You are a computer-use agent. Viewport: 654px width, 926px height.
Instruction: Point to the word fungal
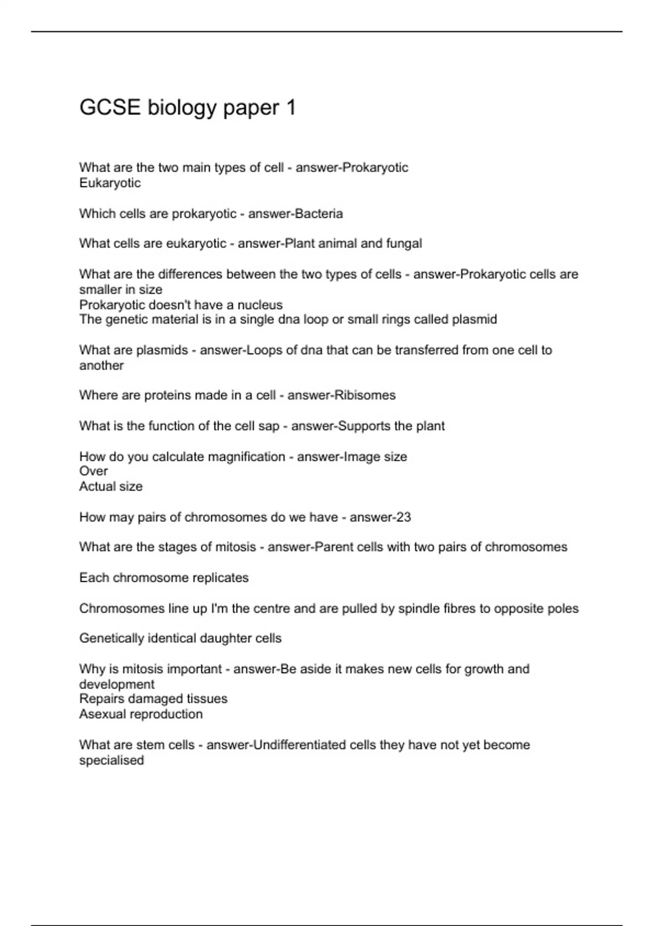[x=404, y=243]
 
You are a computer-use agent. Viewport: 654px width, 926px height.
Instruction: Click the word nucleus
[x=261, y=304]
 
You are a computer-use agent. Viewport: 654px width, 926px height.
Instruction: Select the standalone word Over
[x=93, y=471]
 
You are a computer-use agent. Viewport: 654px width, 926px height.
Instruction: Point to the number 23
[x=403, y=517]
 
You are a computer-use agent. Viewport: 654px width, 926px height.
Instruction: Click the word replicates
[x=223, y=577]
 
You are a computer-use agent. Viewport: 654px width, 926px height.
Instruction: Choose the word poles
[x=564, y=608]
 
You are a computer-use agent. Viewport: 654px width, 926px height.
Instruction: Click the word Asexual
[x=102, y=714]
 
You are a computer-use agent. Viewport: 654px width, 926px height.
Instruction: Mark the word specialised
[x=111, y=760]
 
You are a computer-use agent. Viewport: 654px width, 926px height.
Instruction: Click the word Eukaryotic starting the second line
[x=110, y=183]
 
